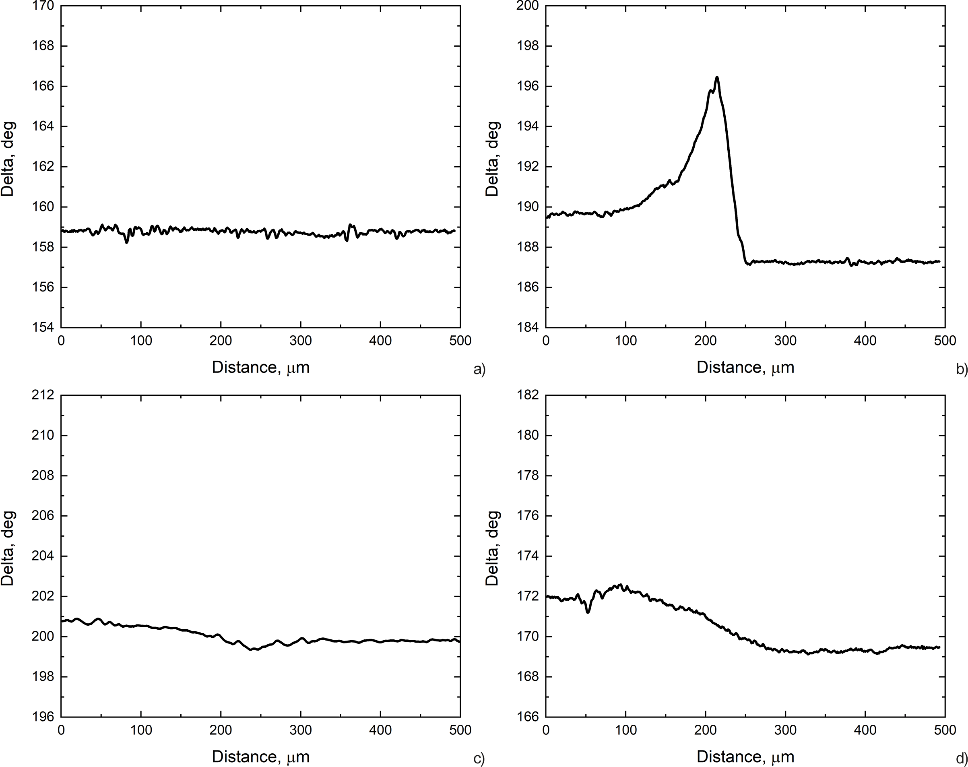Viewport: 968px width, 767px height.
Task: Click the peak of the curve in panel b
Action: (717, 77)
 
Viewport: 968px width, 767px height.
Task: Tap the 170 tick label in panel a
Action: (43, 6)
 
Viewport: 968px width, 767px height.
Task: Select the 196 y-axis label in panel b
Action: (528, 86)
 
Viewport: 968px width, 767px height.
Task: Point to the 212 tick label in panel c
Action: (43, 395)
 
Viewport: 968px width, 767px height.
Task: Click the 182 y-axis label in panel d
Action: (528, 395)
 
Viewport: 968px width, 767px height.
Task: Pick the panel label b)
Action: (962, 370)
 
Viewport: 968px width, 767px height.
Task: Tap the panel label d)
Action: (962, 759)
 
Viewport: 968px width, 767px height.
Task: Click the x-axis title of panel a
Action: (261, 368)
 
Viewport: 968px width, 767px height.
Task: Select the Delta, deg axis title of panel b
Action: (493, 159)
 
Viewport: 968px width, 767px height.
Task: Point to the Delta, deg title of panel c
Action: (8, 548)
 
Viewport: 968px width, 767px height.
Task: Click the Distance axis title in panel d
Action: (745, 757)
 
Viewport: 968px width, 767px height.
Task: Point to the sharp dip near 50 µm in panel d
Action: (588, 612)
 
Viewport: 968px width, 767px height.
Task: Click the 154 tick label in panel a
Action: (43, 327)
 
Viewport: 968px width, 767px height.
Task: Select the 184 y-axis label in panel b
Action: (528, 327)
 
